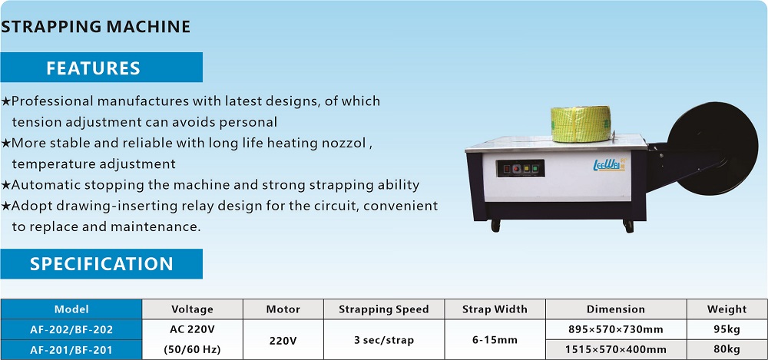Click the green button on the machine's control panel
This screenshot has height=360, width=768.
coord(535,169)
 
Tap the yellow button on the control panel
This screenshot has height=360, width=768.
coord(526,169)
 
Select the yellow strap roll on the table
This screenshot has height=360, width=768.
coord(581,124)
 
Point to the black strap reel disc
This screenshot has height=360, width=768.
coord(713,148)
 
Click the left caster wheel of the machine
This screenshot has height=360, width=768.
coord(495,226)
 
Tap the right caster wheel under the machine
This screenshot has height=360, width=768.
coord(628,226)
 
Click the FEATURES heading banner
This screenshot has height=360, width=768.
coord(101,67)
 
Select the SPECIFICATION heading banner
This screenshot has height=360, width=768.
coord(101,263)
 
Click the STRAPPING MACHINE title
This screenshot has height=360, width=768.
coord(95,26)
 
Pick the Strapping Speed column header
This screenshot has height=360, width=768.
coord(383,309)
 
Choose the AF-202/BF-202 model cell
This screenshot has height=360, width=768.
coord(71,329)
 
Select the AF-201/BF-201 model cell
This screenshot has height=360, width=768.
coord(71,350)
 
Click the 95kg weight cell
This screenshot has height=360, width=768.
coord(727,329)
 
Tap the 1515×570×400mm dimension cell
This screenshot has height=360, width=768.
coord(616,350)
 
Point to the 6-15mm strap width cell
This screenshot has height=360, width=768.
coord(495,339)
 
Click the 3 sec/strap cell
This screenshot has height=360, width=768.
coord(383,339)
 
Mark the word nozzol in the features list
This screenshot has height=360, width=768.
coord(345,144)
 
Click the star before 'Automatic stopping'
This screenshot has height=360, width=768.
coord(5,185)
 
